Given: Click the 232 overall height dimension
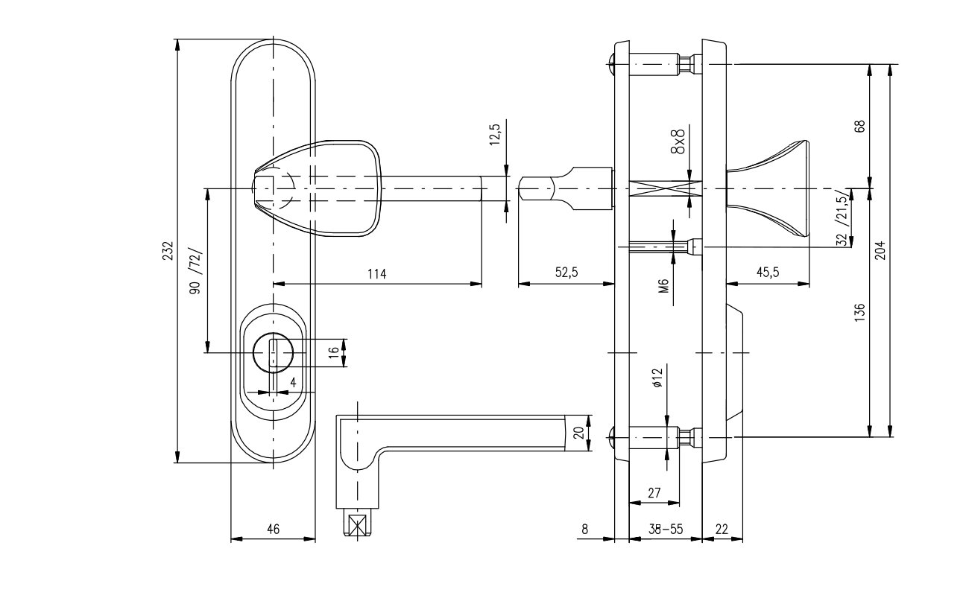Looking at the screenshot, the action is (x=168, y=251).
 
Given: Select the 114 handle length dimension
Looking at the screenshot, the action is (x=377, y=274).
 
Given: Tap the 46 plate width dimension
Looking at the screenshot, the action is (x=274, y=529).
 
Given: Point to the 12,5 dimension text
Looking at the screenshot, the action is (x=495, y=134).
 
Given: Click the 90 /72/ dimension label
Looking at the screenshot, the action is (x=195, y=271).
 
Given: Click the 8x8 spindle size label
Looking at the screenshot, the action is (x=678, y=141).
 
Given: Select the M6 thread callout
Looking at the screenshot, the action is (x=664, y=286).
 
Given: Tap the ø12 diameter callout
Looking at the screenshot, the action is (x=657, y=378).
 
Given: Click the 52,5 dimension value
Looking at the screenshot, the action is (x=566, y=273).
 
